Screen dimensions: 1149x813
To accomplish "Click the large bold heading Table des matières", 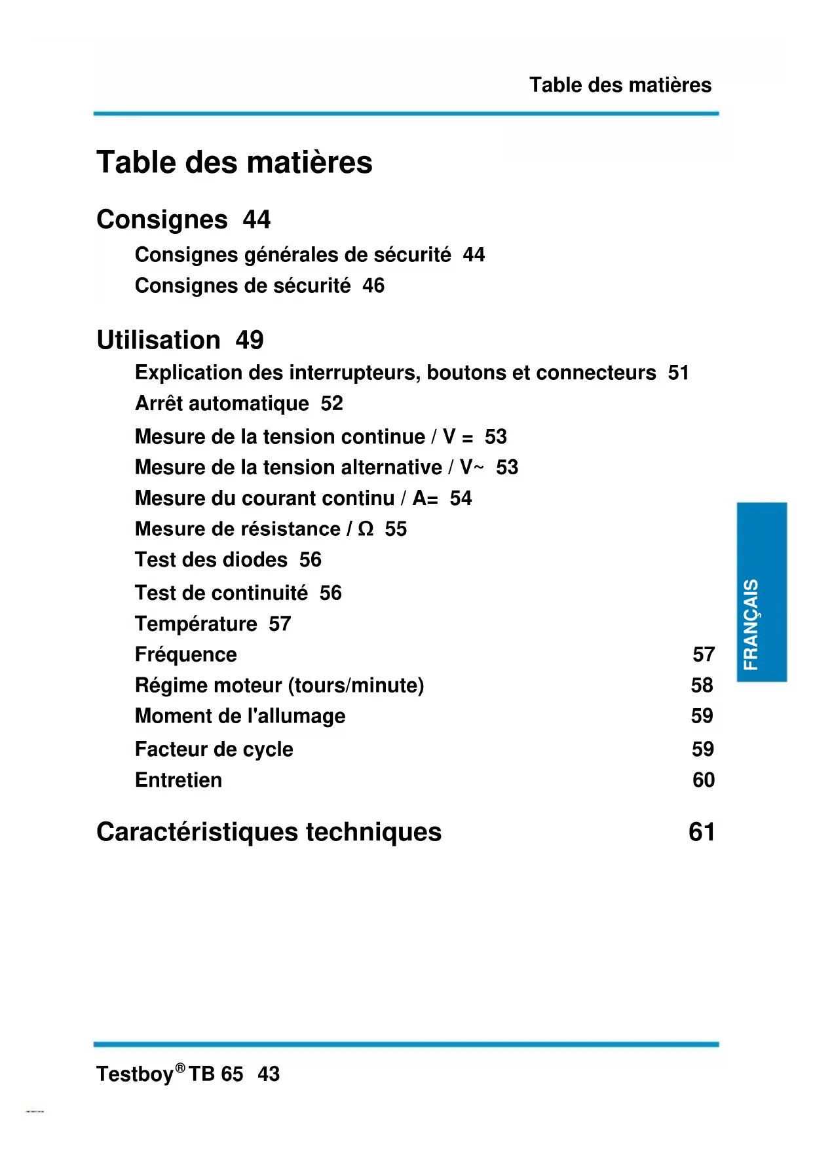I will tap(234, 162).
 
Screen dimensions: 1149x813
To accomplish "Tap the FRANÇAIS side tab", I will tap(761, 592).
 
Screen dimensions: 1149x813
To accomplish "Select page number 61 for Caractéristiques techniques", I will tap(702, 832).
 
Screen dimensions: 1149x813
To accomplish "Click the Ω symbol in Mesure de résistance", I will tap(366, 529).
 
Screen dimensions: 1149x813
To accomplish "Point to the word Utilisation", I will tap(159, 340).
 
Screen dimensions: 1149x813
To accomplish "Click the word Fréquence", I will tap(186, 654).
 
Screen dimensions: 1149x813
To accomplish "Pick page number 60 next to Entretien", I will tap(704, 780).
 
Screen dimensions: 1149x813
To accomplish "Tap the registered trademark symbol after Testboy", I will tap(180, 1067).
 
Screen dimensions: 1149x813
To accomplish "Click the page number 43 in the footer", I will tap(269, 1074).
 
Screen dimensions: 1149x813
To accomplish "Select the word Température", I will tap(196, 624).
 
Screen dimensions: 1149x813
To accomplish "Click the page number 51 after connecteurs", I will tap(678, 373).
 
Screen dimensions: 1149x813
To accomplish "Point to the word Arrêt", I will tap(159, 404).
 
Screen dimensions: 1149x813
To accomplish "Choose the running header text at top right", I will tap(620, 85).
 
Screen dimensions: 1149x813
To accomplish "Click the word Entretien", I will tap(178, 780).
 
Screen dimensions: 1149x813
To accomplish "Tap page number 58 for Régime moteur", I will tap(702, 685).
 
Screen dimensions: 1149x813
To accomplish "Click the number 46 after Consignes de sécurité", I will tap(373, 286).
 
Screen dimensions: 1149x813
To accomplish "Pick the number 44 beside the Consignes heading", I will tap(256, 219).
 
